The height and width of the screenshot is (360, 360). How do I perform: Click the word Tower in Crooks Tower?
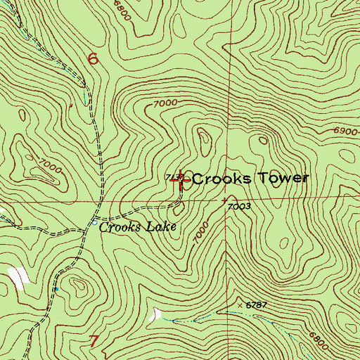281,179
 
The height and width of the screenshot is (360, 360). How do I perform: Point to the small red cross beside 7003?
224,200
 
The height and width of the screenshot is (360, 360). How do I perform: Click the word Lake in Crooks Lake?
156,227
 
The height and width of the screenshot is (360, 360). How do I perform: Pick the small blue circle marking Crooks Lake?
95,223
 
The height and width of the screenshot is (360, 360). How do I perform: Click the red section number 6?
93,59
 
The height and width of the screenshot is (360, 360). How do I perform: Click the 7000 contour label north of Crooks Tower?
164,103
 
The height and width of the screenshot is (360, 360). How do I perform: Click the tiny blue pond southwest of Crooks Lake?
57,288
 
